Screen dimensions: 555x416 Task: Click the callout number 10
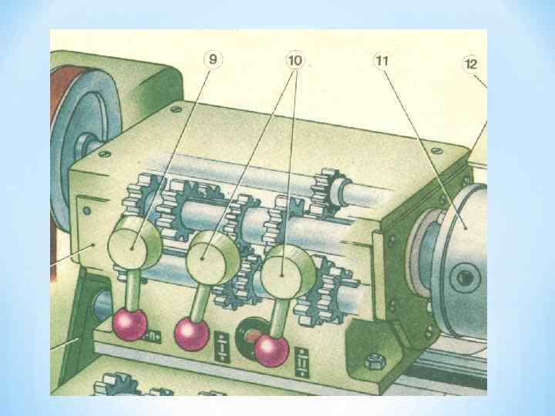(294, 60)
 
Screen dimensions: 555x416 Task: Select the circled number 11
(380, 60)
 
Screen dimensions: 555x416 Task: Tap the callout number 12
(470, 64)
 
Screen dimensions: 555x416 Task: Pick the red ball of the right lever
(271, 351)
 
